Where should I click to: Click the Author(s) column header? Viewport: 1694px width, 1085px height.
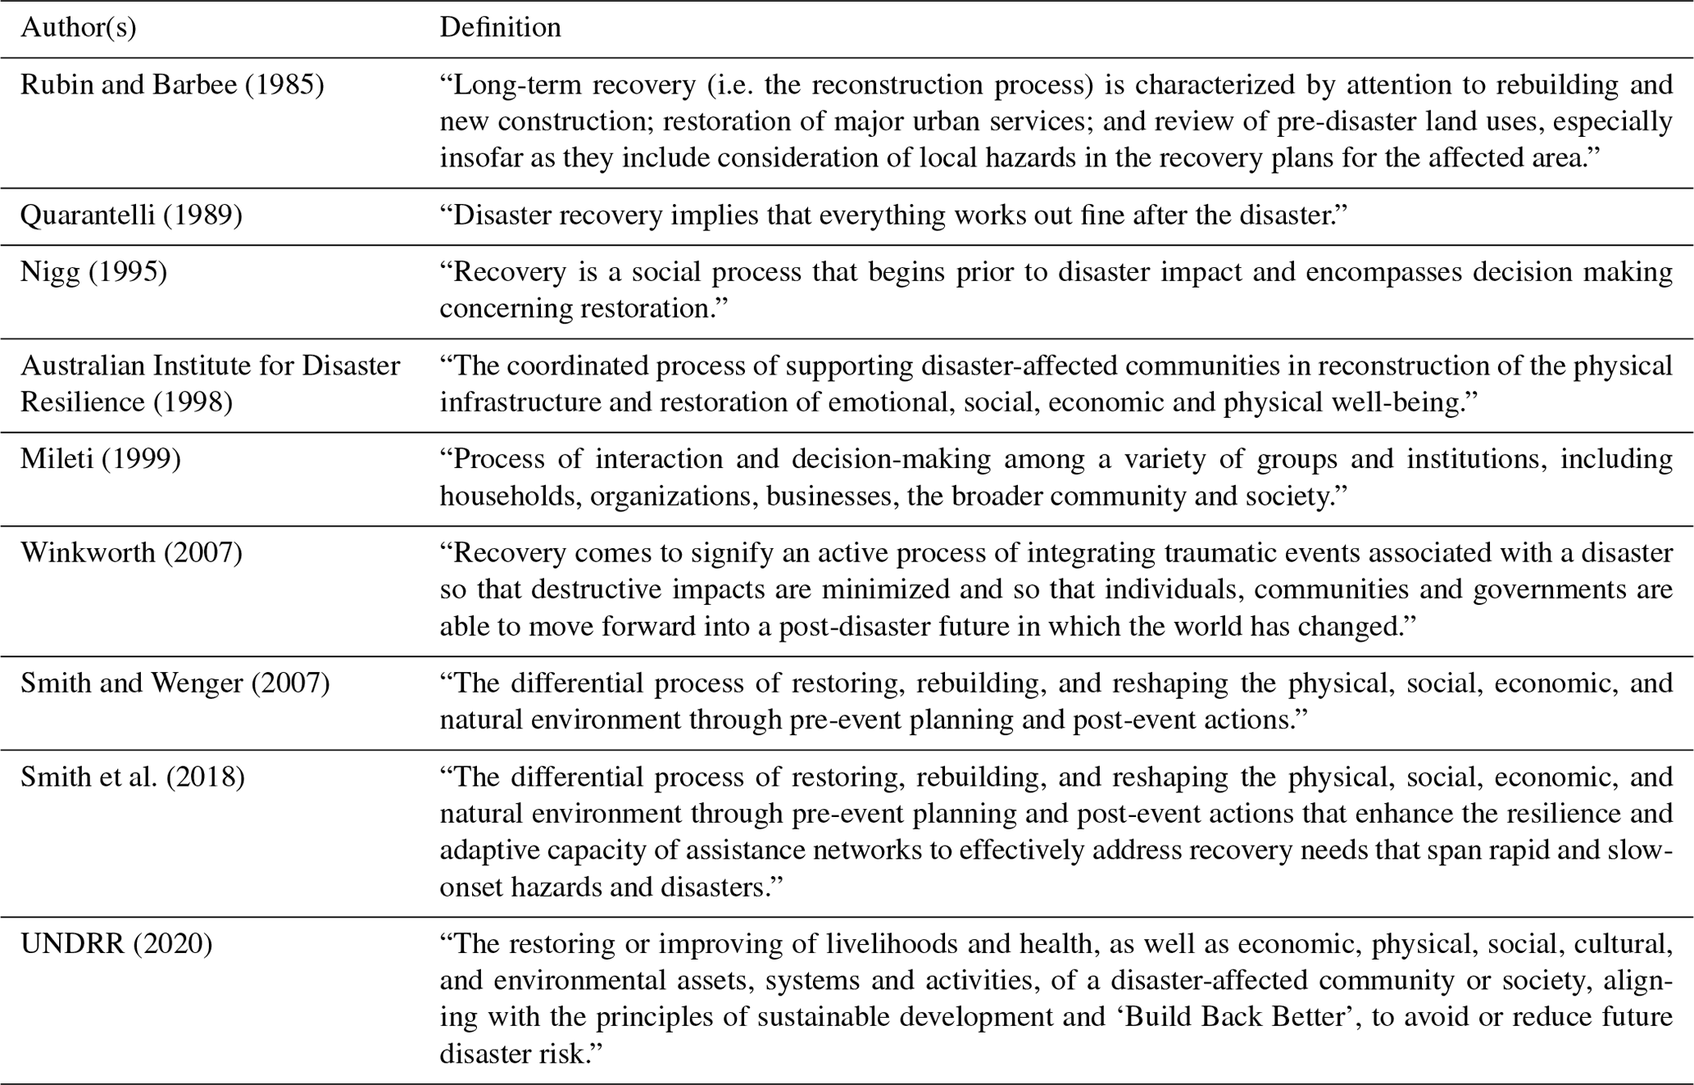(x=79, y=28)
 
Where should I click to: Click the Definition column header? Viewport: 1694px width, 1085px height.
(x=500, y=28)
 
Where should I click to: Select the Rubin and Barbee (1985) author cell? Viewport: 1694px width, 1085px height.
(x=172, y=84)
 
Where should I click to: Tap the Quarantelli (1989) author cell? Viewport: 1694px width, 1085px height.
(x=131, y=215)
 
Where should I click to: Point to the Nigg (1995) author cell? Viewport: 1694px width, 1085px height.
(x=93, y=271)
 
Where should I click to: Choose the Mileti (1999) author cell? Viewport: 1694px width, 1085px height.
(x=101, y=458)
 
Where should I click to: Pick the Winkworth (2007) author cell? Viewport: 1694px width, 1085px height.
(x=131, y=552)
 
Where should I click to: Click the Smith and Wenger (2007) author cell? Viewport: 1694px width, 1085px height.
(x=175, y=683)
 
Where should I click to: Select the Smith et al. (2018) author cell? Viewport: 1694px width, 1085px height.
(x=132, y=776)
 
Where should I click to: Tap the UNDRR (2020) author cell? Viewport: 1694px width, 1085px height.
(x=116, y=944)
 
